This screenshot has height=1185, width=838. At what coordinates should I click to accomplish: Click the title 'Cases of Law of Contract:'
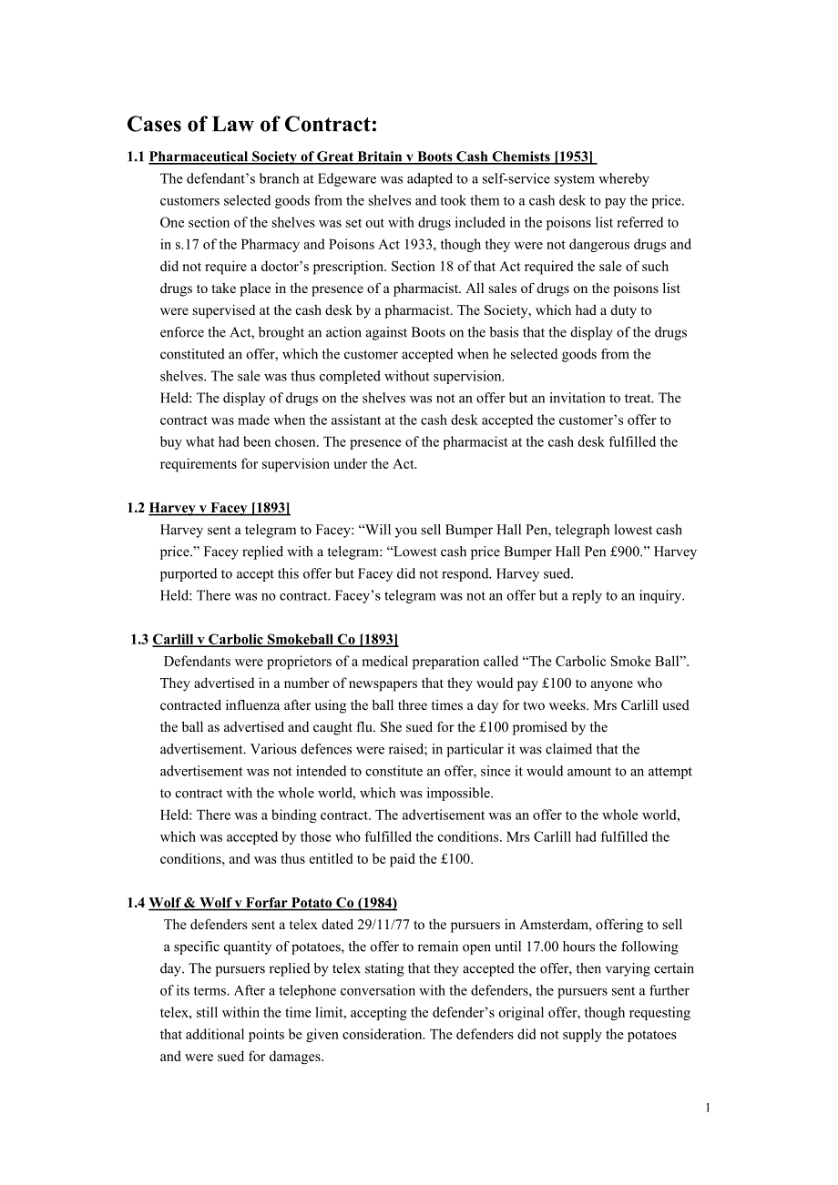pyautogui.click(x=251, y=125)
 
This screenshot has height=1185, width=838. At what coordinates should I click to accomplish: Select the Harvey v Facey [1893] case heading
pyautogui.click(x=220, y=508)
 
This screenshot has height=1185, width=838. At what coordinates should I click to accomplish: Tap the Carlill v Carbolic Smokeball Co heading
pyautogui.click(x=275, y=640)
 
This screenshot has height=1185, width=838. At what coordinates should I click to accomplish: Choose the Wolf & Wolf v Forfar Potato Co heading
pyautogui.click(x=272, y=903)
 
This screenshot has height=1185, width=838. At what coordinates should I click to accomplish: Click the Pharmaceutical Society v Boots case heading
pyautogui.click(x=372, y=157)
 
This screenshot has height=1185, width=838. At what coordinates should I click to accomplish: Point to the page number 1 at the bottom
pyautogui.click(x=708, y=1108)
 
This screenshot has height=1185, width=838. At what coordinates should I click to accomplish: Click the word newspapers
pyautogui.click(x=353, y=684)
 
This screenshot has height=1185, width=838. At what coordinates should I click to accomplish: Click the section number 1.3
pyautogui.click(x=139, y=640)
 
